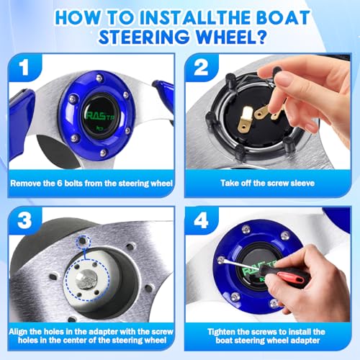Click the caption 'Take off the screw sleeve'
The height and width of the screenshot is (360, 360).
pyautogui.click(x=268, y=183)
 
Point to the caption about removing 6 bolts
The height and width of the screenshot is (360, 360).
pyautogui.click(x=91, y=183)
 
